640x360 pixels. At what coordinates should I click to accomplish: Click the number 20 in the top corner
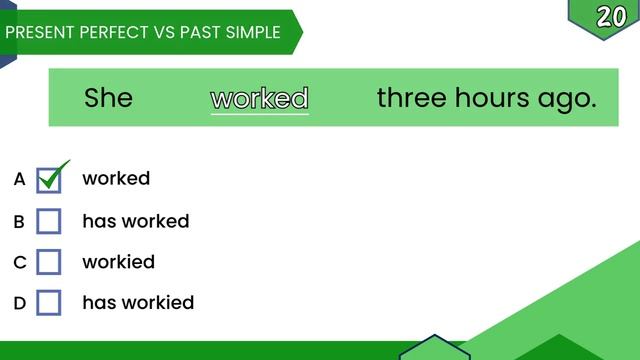click(x=611, y=16)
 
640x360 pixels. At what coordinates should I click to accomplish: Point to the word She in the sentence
click(x=108, y=98)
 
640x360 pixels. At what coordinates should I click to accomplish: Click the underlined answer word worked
click(x=260, y=98)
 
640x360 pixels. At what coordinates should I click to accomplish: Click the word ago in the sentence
click(x=566, y=98)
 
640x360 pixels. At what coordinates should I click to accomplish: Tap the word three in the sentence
click(x=411, y=98)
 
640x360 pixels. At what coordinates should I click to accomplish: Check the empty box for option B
click(x=49, y=221)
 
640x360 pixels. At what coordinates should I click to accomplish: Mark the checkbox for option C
click(x=49, y=262)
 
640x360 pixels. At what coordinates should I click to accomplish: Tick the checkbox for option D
click(x=49, y=302)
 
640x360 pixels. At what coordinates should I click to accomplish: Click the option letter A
click(x=19, y=180)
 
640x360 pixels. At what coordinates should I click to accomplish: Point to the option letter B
click(x=19, y=221)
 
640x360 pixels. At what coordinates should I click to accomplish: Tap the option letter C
click(x=19, y=262)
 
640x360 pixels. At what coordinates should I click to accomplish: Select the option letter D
click(x=19, y=302)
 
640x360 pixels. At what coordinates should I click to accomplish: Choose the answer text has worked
click(x=135, y=221)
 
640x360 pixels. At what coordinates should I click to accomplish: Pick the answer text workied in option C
click(x=118, y=262)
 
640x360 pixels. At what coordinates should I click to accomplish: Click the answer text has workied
click(x=138, y=302)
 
